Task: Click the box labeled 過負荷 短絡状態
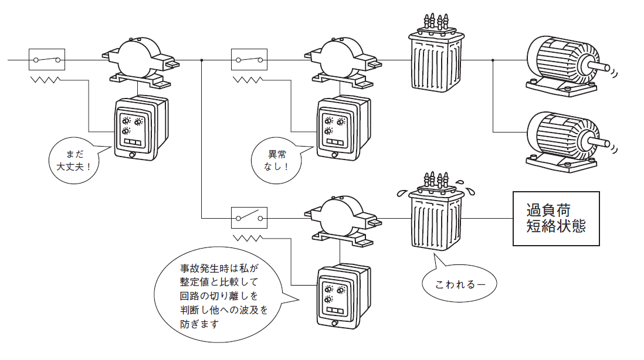click(556, 219)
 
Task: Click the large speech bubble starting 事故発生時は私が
click(219, 296)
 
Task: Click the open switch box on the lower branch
click(249, 218)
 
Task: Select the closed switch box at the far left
click(47, 60)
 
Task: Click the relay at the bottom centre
click(342, 296)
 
